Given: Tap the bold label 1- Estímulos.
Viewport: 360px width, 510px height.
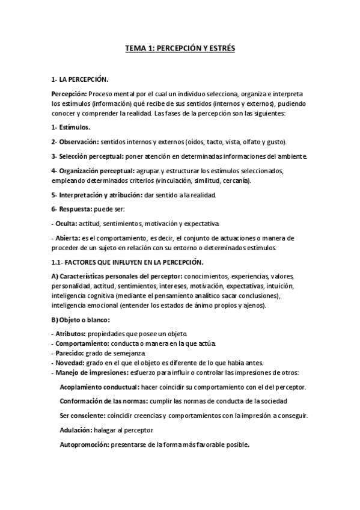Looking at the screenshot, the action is tap(71, 127).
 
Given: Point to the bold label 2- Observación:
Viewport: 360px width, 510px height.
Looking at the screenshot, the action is tap(75, 142).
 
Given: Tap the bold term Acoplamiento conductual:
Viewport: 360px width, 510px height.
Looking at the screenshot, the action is tap(100, 387).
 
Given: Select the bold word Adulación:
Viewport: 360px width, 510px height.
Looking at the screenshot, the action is tap(75, 431).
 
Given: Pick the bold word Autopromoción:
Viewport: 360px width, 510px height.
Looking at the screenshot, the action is tap(84, 445).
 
